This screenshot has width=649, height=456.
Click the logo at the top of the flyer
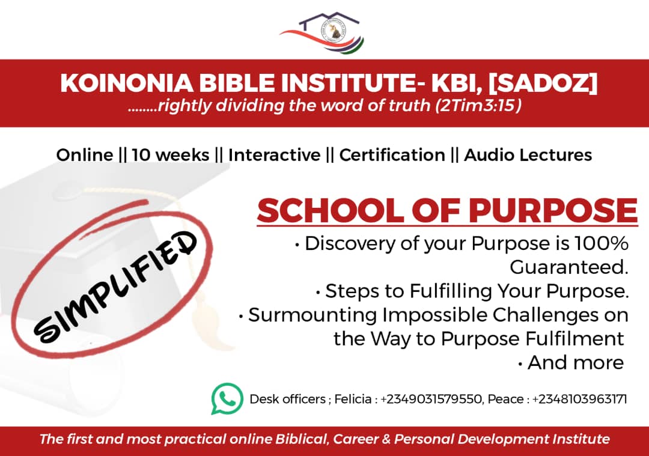[x=323, y=32]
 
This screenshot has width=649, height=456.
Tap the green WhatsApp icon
[x=227, y=398]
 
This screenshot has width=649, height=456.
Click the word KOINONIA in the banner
[x=127, y=83]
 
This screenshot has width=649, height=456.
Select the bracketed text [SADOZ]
[x=543, y=83]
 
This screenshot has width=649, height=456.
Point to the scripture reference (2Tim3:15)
[x=478, y=106]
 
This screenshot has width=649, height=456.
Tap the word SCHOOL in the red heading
[x=330, y=211]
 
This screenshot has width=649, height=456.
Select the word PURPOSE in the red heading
[x=553, y=211]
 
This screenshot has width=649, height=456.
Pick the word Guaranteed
[x=569, y=267]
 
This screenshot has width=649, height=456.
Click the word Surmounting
[x=312, y=315]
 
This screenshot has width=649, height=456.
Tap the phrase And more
[x=576, y=363]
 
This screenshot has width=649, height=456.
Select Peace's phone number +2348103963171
[x=579, y=400]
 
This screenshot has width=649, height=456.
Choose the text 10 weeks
[x=171, y=155]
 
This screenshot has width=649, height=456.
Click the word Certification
[x=392, y=155]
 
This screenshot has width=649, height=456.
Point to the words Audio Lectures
[x=528, y=155]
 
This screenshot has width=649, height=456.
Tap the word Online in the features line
[x=85, y=155]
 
